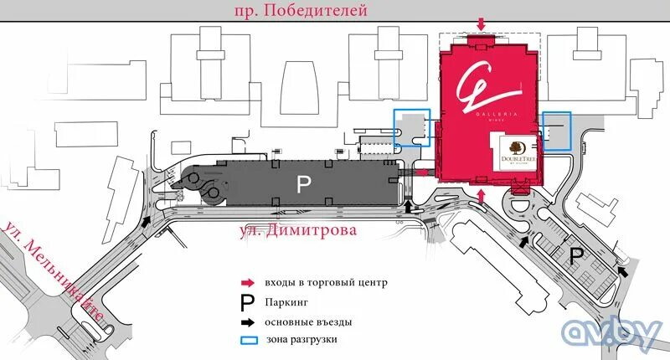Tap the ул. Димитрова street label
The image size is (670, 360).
[x=298, y=229]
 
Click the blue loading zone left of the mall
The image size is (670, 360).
[x=411, y=130]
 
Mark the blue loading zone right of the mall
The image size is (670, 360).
[x=556, y=131]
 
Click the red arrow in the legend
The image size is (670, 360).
[x=248, y=283]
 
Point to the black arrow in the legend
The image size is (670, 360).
[x=248, y=321]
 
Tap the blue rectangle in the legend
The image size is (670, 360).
[x=248, y=340]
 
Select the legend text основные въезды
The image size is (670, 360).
[x=307, y=321]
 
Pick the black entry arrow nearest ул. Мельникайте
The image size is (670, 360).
[x=147, y=222]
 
